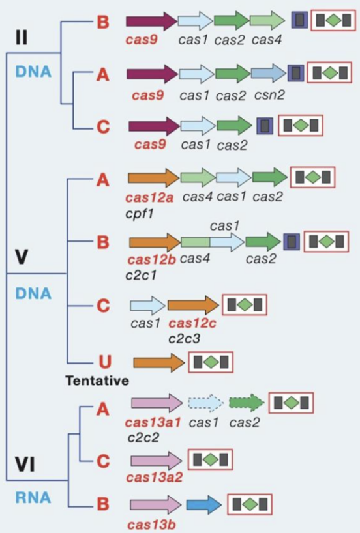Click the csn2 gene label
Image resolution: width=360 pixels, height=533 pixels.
pyautogui.click(x=267, y=96)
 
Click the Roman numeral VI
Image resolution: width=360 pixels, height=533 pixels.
pyautogui.click(x=26, y=465)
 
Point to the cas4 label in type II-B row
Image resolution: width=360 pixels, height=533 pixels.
pyautogui.click(x=266, y=40)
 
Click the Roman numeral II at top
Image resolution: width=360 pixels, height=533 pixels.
pyautogui.click(x=22, y=37)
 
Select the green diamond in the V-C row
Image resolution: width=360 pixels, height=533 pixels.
pyautogui.click(x=244, y=305)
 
